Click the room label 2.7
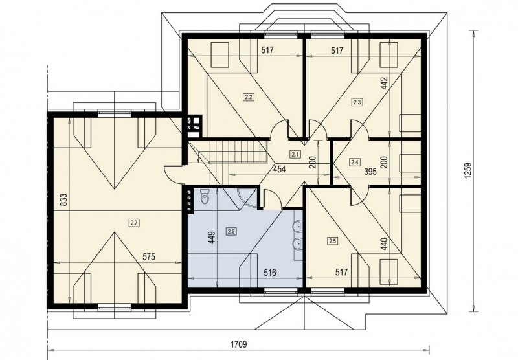134,223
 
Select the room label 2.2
248,97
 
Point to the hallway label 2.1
295,153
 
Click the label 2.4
355,162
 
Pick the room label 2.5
333,241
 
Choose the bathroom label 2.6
231,232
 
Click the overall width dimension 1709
238,345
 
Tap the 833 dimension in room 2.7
64,200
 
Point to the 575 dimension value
149,257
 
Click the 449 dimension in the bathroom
212,238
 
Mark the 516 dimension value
270,273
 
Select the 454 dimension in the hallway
279,170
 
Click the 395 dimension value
370,172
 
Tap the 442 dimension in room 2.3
384,84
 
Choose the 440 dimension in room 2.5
383,243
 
